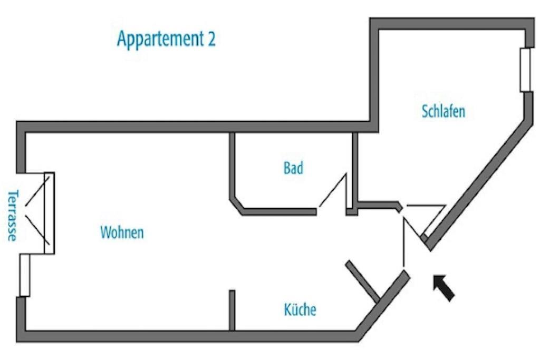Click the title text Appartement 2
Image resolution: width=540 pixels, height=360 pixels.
166,39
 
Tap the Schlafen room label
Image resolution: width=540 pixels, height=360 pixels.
443,112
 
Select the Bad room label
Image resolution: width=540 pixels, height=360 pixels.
293,168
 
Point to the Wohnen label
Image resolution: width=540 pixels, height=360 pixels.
122,232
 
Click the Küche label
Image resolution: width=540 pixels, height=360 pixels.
300,309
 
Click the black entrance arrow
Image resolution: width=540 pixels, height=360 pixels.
443,288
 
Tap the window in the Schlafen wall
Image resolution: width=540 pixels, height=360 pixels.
525,70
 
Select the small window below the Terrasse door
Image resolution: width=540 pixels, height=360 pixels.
24,275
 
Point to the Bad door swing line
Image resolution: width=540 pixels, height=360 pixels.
332,190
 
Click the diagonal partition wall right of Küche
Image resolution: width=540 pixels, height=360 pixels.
363,281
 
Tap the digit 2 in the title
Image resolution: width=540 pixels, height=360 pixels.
211,39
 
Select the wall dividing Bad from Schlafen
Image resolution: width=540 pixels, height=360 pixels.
355,169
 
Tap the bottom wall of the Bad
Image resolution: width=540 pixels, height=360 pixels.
279,212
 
